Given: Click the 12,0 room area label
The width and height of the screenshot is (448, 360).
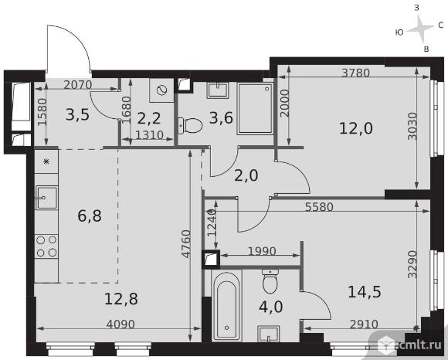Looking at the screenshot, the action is click(x=356, y=128).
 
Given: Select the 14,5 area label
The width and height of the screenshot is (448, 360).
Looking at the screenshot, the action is click(x=365, y=292).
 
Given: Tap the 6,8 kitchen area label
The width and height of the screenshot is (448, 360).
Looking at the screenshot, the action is click(x=90, y=216).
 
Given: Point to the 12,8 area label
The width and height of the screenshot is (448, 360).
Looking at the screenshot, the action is click(x=121, y=299).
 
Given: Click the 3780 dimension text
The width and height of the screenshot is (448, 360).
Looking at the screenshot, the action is click(x=356, y=73).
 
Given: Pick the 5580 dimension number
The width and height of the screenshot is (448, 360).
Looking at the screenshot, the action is click(x=319, y=207).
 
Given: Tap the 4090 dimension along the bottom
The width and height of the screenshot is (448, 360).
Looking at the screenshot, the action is click(x=120, y=324).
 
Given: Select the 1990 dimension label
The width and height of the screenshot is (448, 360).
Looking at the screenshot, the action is click(x=262, y=251).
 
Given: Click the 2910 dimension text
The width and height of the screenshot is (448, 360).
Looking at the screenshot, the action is click(x=364, y=324).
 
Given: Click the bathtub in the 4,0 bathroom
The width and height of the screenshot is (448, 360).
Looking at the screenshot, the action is click(x=227, y=305).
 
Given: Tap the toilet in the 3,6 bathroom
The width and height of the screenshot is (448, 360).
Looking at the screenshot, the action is click(x=190, y=125).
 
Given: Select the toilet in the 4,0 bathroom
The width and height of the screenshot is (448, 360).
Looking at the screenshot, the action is click(x=270, y=281).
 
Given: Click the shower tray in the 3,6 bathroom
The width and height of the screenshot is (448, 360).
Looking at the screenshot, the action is click(x=256, y=109).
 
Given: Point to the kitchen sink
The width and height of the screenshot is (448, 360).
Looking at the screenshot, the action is click(x=46, y=197).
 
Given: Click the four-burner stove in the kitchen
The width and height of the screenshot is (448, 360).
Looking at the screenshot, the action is click(x=46, y=246).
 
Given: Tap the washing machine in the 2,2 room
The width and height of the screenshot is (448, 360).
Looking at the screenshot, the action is click(x=161, y=90).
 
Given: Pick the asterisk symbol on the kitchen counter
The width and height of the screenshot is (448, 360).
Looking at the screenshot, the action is click(x=46, y=161).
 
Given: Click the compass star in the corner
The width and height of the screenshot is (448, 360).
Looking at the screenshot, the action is click(x=420, y=29).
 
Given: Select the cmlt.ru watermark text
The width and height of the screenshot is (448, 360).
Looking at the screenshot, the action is click(x=418, y=345).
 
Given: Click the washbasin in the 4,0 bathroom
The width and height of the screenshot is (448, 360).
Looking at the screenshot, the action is click(x=268, y=334).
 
